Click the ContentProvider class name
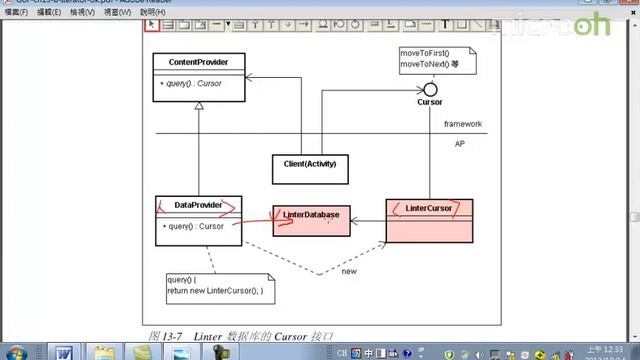199,62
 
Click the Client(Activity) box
309,163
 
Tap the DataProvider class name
197,205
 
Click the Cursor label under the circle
429,102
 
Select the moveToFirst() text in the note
426,52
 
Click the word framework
463,125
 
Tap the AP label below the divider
460,144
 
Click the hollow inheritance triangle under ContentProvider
199,107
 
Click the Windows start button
16,351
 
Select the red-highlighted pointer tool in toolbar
152,25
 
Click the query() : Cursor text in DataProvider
192,226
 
